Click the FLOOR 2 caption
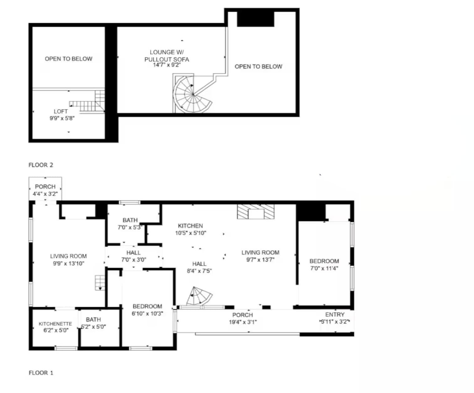click(x=41, y=165)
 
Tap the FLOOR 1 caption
click(x=41, y=373)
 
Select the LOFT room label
click(x=61, y=111)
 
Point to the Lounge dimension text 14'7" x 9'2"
click(x=167, y=65)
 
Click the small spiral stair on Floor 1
click(x=199, y=296)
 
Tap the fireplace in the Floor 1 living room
click(x=255, y=212)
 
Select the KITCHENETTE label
click(x=55, y=324)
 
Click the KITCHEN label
click(x=190, y=226)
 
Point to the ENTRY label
click(x=335, y=314)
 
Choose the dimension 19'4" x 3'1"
click(x=243, y=322)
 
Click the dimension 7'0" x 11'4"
click(x=324, y=268)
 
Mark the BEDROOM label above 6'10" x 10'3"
click(x=147, y=306)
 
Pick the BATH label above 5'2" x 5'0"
click(x=93, y=319)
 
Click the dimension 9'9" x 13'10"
click(x=69, y=264)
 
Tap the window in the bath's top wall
click(x=129, y=202)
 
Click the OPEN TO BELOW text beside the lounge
click(x=258, y=66)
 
